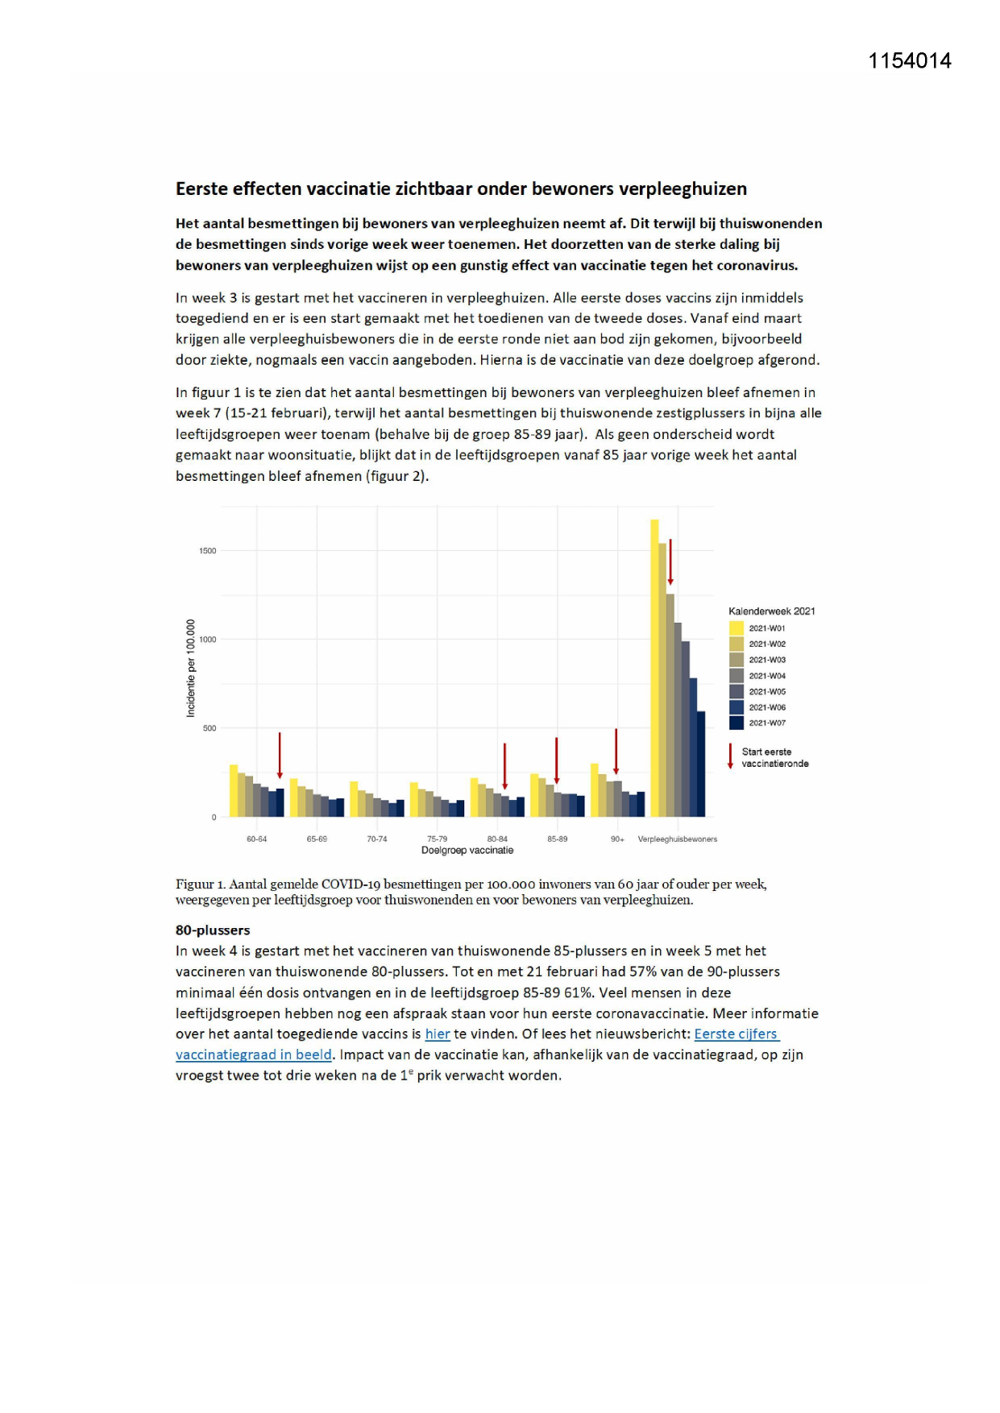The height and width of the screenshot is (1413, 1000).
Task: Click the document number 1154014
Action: point(909,61)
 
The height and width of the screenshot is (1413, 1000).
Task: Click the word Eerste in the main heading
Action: point(201,189)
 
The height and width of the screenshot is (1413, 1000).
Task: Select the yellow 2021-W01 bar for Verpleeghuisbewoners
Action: point(655,669)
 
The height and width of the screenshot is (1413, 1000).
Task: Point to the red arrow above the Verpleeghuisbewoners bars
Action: point(670,561)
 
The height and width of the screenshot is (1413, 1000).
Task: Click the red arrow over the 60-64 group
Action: point(280,755)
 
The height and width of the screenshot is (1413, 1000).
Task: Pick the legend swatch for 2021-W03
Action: point(737,660)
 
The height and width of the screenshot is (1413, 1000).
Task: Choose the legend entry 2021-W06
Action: point(766,707)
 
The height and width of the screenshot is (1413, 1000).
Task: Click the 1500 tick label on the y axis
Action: point(208,551)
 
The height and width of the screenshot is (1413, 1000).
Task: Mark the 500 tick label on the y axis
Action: point(210,728)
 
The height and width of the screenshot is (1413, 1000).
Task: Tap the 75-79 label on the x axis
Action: point(437,839)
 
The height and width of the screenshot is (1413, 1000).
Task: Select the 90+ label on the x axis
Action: point(617,839)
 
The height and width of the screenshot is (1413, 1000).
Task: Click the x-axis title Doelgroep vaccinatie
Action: point(467,850)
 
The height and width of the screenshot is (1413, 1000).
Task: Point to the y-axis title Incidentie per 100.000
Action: point(191,668)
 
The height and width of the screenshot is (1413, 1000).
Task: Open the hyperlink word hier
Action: point(438,1034)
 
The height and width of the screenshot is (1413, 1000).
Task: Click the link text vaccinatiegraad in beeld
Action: point(254,1055)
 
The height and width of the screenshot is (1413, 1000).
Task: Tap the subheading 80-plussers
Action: point(213,930)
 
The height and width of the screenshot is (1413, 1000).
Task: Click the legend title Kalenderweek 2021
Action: point(771,611)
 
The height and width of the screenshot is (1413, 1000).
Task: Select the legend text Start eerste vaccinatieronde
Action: point(774,757)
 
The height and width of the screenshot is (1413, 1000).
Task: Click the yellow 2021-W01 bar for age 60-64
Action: point(234,790)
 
